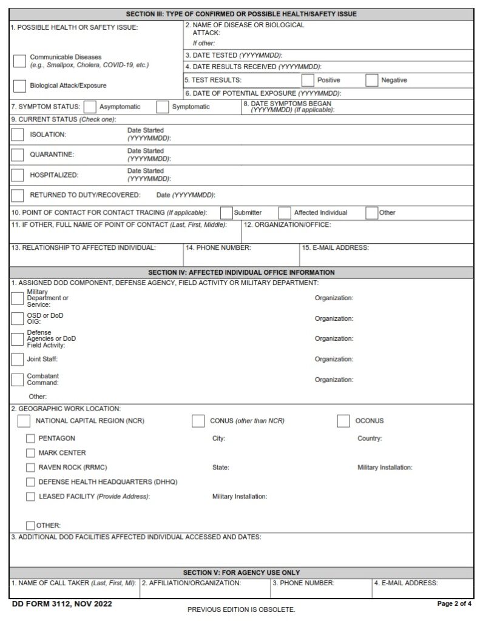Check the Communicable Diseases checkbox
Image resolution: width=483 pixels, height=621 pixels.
coord(19,61)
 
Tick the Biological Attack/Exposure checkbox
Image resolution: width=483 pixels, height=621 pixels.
coord(19,86)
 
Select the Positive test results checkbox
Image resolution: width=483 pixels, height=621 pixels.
coord(308,80)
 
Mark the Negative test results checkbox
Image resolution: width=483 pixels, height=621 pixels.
coord(371,80)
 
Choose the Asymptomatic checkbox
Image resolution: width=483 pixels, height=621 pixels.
coord(90,107)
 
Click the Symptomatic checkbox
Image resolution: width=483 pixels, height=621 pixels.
coord(162,107)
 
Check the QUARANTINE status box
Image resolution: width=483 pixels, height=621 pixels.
coord(18,155)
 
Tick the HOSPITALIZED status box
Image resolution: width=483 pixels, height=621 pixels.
coord(18,175)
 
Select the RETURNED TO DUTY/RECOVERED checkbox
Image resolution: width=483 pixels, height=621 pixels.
coord(18,195)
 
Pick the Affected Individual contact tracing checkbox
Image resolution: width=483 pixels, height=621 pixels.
coord(285,213)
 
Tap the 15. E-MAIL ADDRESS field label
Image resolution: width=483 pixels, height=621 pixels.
coord(335,247)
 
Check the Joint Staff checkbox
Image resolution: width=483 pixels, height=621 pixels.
coord(18,359)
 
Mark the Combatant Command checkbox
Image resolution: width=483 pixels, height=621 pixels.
coord(18,380)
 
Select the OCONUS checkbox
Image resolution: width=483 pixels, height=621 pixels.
coord(343,421)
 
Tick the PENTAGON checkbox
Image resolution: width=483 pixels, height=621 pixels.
coord(30,438)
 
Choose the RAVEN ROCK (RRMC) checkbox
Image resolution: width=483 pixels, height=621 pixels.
coord(30,468)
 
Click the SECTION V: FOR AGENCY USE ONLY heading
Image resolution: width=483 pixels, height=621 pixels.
coord(241,572)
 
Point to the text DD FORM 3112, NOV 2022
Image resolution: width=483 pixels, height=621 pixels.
coord(62,604)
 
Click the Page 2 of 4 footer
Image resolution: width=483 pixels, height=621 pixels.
coord(454,604)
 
